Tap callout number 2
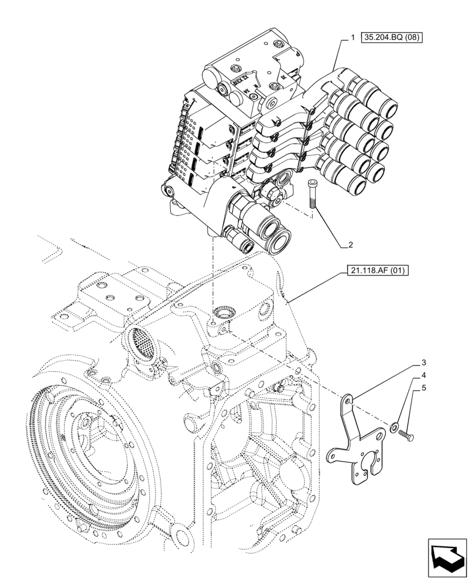click(x=351, y=245)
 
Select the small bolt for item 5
click(x=407, y=433)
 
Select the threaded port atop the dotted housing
click(x=222, y=314)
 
